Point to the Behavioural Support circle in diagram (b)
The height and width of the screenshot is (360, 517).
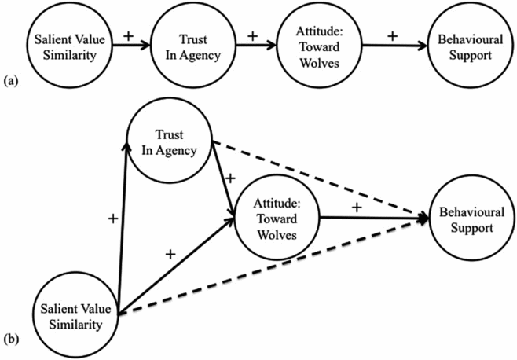[x=468, y=222]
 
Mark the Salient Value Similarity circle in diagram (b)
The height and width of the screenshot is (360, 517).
[x=79, y=313]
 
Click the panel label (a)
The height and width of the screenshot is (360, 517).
[x=10, y=79]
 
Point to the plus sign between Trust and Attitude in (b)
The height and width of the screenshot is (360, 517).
[x=230, y=179]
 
